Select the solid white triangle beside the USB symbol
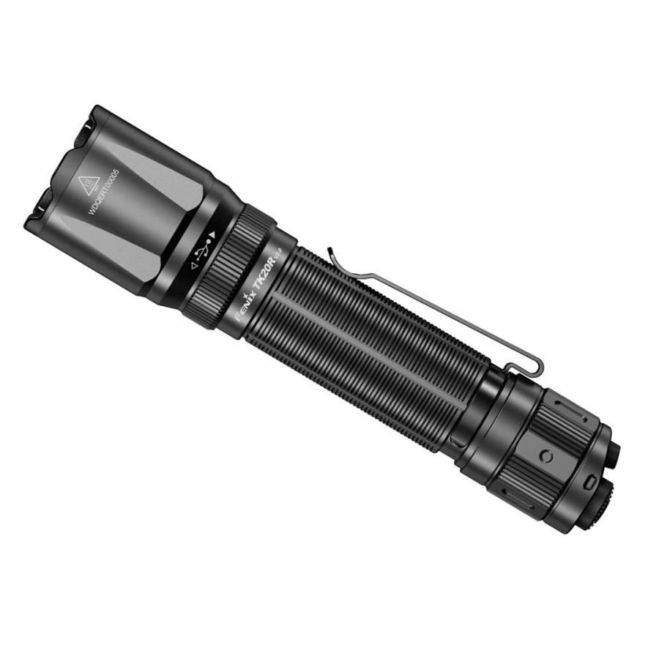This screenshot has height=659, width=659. click(212, 236)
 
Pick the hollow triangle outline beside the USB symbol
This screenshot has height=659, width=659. click(193, 268)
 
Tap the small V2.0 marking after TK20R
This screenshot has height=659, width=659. click(278, 253)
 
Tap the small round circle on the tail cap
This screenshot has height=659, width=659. click(546, 456)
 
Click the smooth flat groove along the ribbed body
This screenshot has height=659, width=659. click(366, 344)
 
